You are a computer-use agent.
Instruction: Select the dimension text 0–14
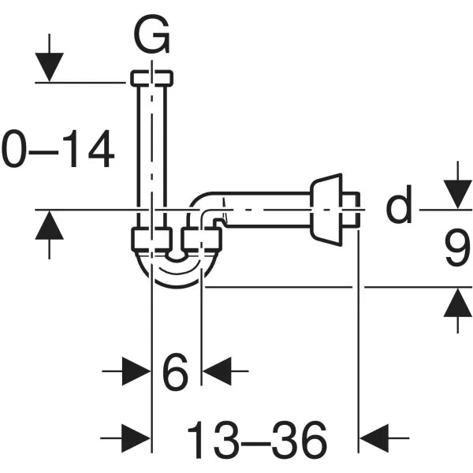[x=58, y=151]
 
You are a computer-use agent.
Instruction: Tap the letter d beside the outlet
[x=400, y=207]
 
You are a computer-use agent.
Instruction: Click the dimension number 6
[x=175, y=372]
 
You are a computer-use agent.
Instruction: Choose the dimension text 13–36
[x=256, y=439]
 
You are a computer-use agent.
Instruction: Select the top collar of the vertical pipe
[x=152, y=78]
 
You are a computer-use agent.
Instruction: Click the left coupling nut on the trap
[x=151, y=239]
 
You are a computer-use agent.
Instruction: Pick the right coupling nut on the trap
[x=201, y=239]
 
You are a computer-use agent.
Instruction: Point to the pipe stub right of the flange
[x=352, y=209]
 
